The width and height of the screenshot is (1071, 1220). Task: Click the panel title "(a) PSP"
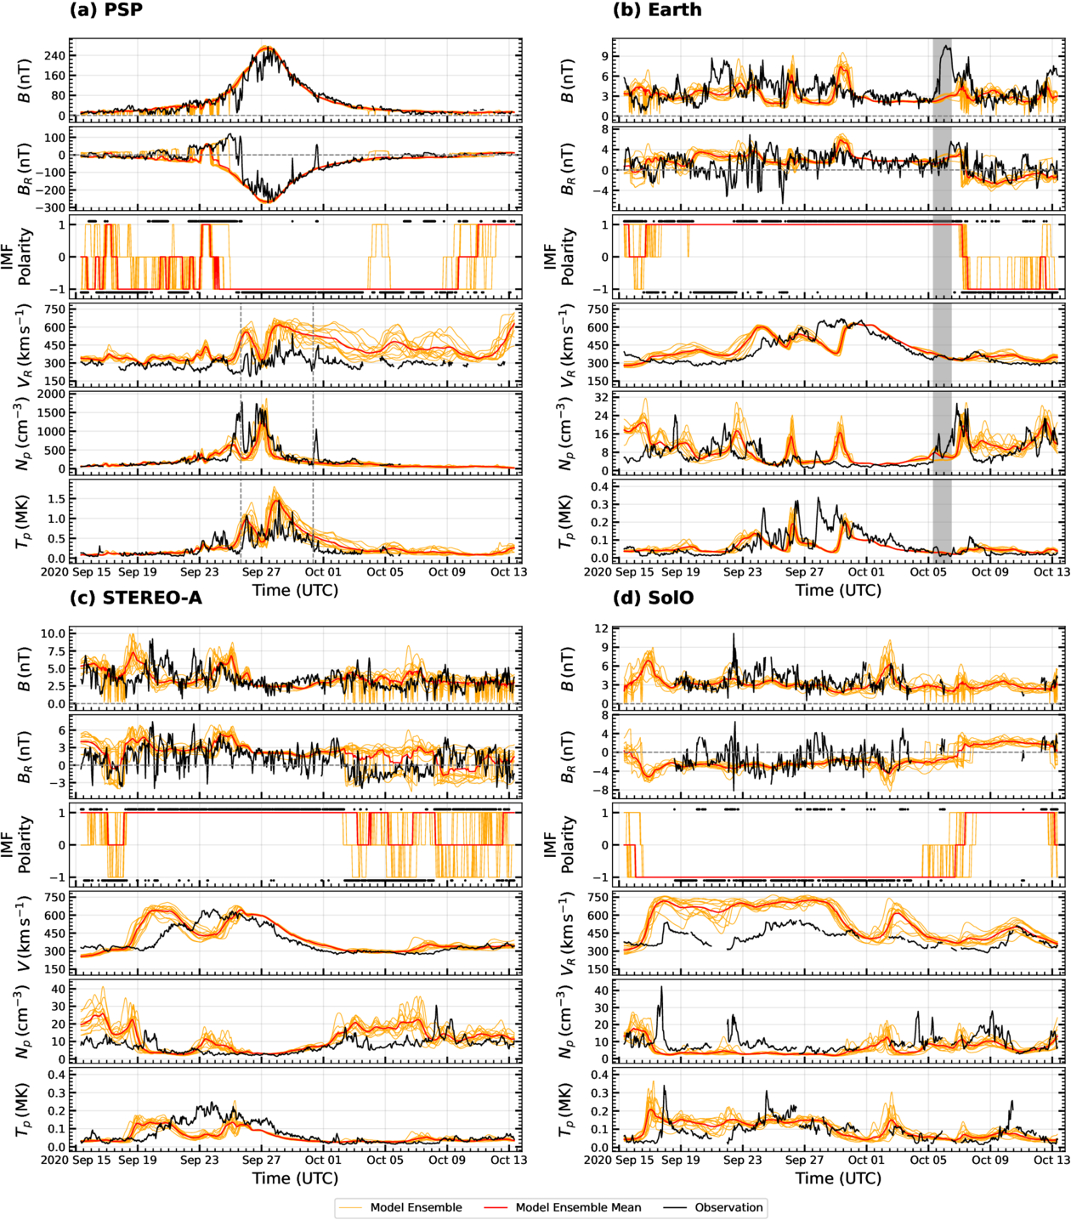click(x=105, y=10)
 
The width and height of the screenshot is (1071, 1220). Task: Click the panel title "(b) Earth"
click(x=657, y=10)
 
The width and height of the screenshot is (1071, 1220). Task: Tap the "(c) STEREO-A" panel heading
click(x=136, y=599)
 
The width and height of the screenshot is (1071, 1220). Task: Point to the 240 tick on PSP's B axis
click(x=55, y=55)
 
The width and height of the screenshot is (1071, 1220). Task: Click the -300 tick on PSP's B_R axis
click(x=51, y=207)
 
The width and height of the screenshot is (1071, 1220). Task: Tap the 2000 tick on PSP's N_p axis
click(x=51, y=394)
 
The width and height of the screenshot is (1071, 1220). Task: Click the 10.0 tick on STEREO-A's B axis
click(x=53, y=633)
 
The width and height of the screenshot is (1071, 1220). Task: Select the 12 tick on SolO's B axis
click(x=602, y=629)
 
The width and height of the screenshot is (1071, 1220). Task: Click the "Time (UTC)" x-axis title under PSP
click(x=295, y=590)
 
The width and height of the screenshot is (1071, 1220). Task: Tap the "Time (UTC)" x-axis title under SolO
click(x=838, y=1178)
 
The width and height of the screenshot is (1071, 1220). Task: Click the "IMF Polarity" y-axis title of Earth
click(x=558, y=257)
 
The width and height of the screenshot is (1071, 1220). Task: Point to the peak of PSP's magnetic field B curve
click(x=267, y=48)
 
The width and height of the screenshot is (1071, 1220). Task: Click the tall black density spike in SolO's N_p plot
click(x=661, y=988)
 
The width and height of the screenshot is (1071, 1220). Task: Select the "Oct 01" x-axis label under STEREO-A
click(x=323, y=1160)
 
